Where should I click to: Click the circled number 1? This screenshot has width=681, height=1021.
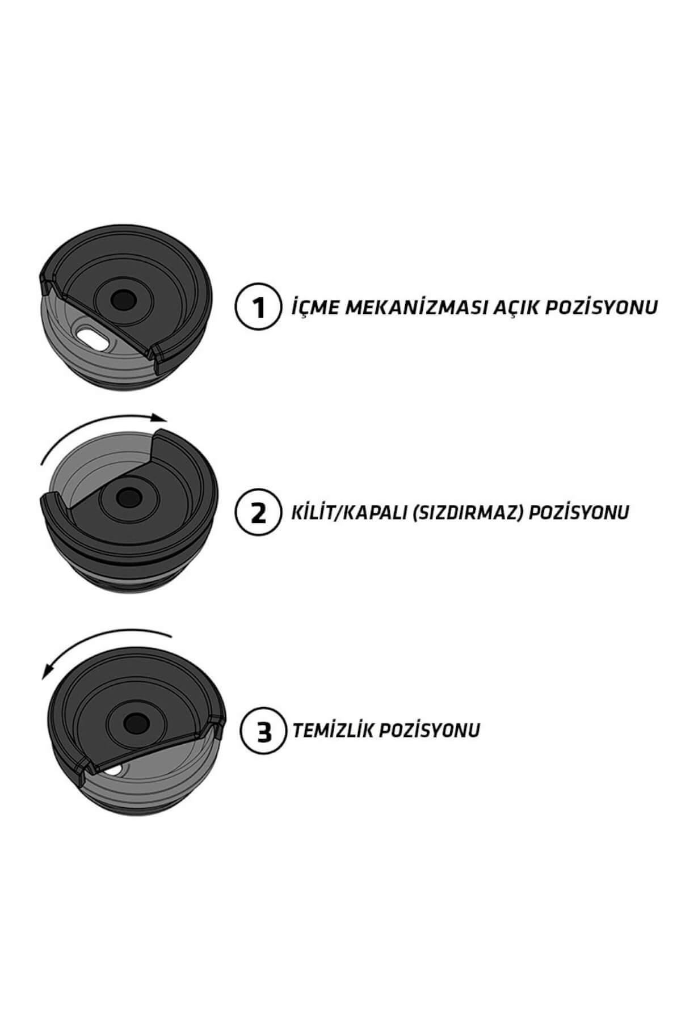[x=258, y=308]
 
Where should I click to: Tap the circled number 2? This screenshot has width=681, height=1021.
[x=258, y=513]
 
